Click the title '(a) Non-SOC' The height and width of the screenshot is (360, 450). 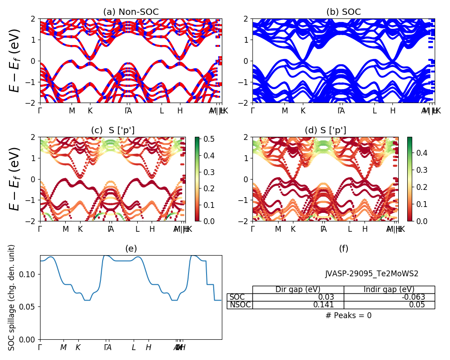[x=130, y=12]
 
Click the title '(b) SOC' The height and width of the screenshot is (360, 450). [x=343, y=12]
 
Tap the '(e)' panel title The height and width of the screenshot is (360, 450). [x=130, y=249]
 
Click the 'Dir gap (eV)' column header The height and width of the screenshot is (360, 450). [x=298, y=290]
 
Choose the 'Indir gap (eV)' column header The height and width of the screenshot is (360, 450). [x=389, y=290]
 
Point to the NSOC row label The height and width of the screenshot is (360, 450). [x=240, y=305]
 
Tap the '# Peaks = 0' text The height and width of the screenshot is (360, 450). [x=348, y=316]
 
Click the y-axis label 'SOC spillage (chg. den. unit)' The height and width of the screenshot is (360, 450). [x=12, y=297]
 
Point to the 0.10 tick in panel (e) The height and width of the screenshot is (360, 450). [x=29, y=274]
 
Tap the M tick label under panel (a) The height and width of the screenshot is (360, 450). [x=72, y=111]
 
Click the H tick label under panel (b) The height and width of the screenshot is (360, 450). [x=392, y=111]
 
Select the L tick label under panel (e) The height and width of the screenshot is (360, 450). [x=134, y=347]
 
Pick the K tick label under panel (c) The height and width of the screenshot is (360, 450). [x=80, y=229]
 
